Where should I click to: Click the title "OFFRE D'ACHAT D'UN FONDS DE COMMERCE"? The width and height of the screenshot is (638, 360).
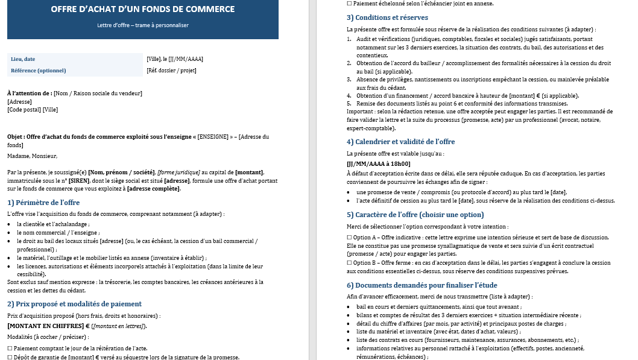point(143,10)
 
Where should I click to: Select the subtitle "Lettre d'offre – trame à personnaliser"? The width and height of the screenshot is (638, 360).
point(143,25)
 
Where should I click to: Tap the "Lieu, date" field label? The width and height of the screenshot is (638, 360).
point(23,59)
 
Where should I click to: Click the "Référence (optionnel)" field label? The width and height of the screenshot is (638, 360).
point(38,71)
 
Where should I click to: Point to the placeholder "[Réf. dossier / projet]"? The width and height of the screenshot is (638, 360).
point(171,71)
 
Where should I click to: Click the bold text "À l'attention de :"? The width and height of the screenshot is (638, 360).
point(30,93)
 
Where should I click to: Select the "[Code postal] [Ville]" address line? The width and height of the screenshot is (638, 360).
point(33,110)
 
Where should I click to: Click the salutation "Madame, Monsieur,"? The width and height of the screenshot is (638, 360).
point(32,156)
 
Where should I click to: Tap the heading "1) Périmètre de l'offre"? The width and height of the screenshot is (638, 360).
point(43,203)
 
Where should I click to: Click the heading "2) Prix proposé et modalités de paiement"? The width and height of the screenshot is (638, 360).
point(74,304)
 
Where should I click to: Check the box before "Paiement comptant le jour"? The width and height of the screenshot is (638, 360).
point(10,349)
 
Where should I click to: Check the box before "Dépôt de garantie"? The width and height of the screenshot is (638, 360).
point(10,357)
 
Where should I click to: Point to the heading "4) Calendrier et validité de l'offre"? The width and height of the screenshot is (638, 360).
point(400,142)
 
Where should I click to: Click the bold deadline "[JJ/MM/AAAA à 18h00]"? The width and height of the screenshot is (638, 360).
point(378,163)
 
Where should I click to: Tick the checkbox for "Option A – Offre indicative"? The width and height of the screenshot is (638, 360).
point(350,238)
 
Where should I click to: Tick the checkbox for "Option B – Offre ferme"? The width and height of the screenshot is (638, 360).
point(350,263)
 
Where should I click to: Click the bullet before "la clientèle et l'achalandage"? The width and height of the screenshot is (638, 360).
point(10,224)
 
